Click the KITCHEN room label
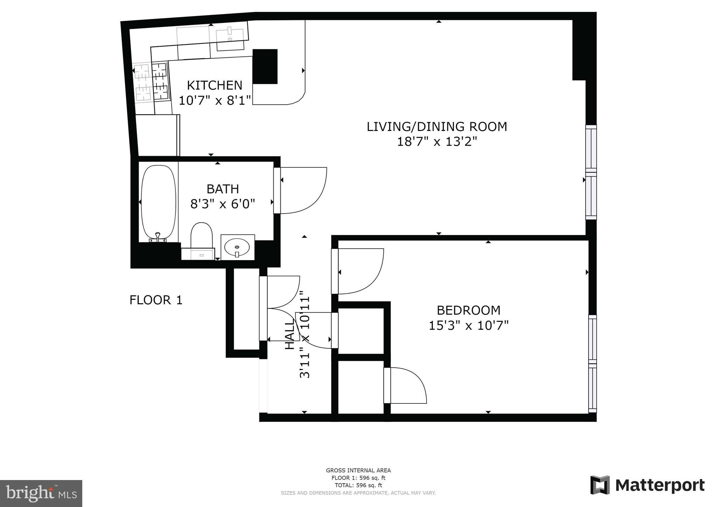click(214, 85)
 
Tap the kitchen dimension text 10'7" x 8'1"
click(215, 100)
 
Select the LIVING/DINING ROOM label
click(437, 126)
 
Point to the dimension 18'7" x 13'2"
click(437, 142)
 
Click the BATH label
click(223, 189)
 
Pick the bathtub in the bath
click(158, 203)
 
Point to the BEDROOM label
click(468, 310)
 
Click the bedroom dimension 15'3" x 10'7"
click(468, 326)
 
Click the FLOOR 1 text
click(156, 300)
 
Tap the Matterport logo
click(647, 485)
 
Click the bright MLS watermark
click(41, 493)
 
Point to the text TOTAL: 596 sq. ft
click(358, 485)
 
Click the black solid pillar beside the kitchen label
click(265, 66)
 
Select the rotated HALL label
click(290, 335)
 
